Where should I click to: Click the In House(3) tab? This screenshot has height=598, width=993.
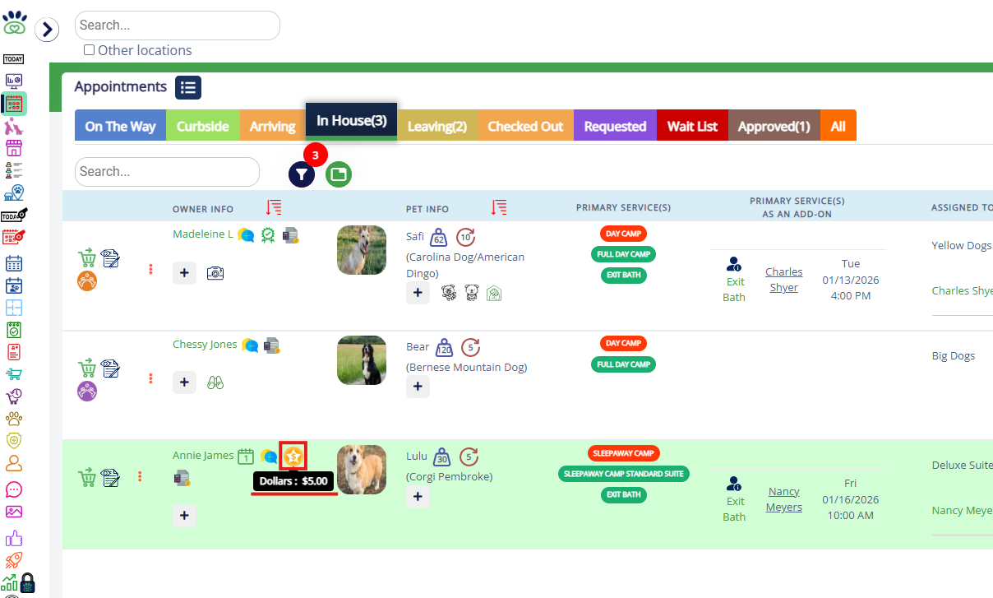tap(351, 121)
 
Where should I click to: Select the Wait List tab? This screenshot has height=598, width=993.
tap(692, 126)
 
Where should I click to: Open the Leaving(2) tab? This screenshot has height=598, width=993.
tap(436, 126)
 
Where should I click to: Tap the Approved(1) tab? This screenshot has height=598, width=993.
tap(774, 126)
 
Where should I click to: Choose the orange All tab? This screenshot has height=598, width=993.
tap(838, 126)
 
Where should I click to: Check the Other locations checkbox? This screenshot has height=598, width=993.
tap(90, 50)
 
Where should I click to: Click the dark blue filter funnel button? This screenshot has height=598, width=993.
tap(302, 174)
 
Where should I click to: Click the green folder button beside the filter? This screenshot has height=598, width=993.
tap(338, 174)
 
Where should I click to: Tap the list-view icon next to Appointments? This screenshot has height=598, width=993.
tap(187, 87)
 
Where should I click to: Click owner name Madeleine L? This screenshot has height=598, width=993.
tap(202, 234)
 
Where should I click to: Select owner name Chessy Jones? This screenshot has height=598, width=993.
tap(205, 345)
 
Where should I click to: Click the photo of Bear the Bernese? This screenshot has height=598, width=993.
tap(362, 360)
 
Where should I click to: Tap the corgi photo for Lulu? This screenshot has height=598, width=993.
tap(362, 470)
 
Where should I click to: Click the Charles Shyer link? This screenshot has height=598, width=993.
tap(783, 280)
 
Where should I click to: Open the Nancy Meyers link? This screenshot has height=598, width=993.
tap(783, 499)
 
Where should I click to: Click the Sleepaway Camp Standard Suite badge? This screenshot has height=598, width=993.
tap(624, 474)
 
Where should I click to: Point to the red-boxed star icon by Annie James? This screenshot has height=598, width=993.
tap(293, 455)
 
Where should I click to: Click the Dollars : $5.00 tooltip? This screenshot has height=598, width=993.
tap(293, 481)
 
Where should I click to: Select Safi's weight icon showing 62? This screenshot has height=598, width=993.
tap(439, 237)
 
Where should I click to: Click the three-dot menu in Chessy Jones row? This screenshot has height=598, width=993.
tap(150, 378)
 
